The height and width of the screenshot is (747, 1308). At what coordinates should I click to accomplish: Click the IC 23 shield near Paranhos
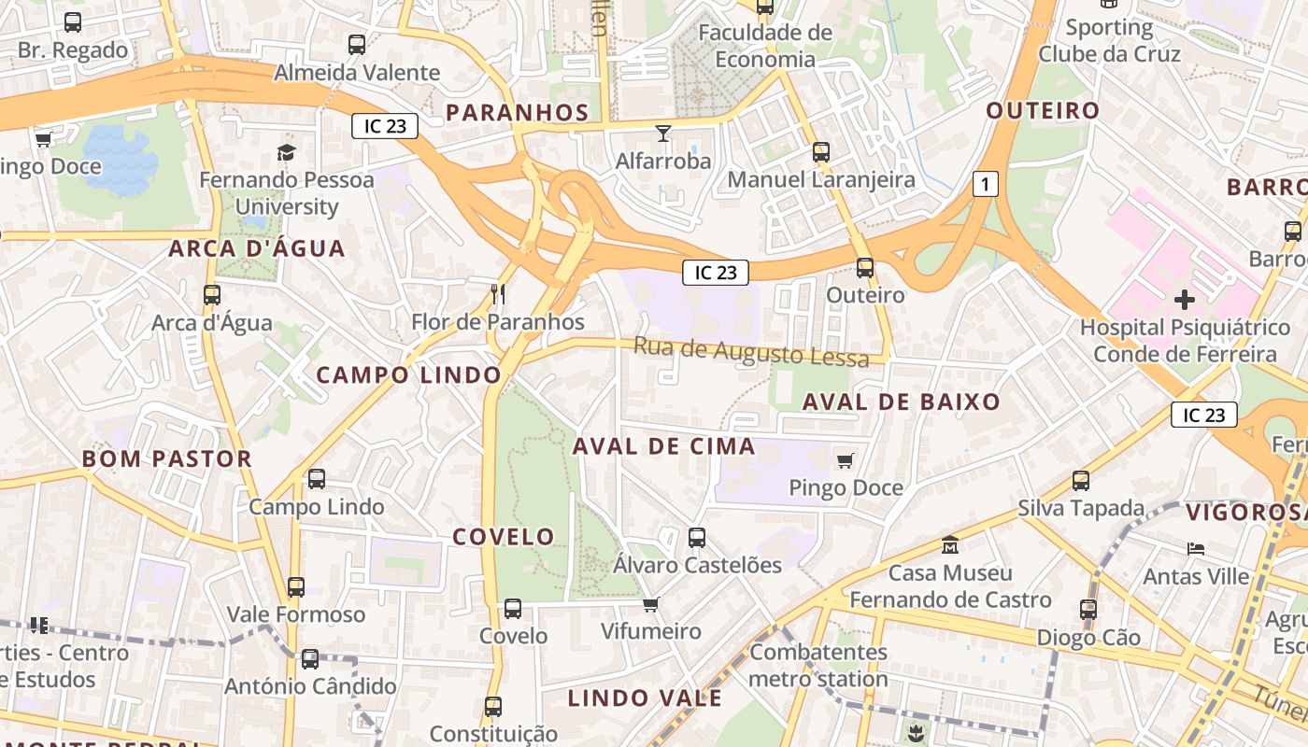coord(384,126)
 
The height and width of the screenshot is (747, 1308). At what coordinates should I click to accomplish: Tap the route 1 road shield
coord(985,184)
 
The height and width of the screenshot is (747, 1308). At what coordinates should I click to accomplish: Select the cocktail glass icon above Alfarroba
coord(663,134)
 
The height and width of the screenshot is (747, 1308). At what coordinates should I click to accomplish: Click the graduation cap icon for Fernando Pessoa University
coord(286,152)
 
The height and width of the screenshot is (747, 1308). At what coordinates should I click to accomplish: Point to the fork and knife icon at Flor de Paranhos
coord(498,295)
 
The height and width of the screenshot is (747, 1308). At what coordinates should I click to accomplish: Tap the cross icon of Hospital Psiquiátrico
coord(1185,300)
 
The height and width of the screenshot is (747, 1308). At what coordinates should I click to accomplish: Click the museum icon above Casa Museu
coord(950,544)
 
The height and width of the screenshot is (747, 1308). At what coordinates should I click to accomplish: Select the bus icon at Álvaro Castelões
coord(697,538)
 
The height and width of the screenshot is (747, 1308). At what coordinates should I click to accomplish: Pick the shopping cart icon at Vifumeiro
coord(651,604)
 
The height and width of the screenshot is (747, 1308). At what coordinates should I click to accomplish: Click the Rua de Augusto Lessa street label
coord(751,352)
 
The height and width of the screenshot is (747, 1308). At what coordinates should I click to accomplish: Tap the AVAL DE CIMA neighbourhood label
coord(663,446)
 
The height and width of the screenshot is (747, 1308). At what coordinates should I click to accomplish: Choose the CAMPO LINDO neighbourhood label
coord(409,375)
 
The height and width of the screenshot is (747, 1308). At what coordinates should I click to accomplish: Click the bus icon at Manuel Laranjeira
coord(821,151)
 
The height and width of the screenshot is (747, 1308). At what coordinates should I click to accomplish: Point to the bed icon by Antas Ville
coord(1196,549)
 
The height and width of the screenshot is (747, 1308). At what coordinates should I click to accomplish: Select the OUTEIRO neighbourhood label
coord(1044,111)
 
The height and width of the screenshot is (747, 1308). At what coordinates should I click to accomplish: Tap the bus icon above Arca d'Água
coord(212,295)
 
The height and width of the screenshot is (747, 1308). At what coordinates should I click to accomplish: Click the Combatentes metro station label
coord(818,665)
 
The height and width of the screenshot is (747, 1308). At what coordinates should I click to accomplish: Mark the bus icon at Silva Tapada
coord(1081,481)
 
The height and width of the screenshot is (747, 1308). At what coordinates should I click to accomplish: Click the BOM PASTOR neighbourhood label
coord(166,458)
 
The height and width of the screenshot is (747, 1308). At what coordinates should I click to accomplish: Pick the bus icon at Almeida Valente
coord(357,44)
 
